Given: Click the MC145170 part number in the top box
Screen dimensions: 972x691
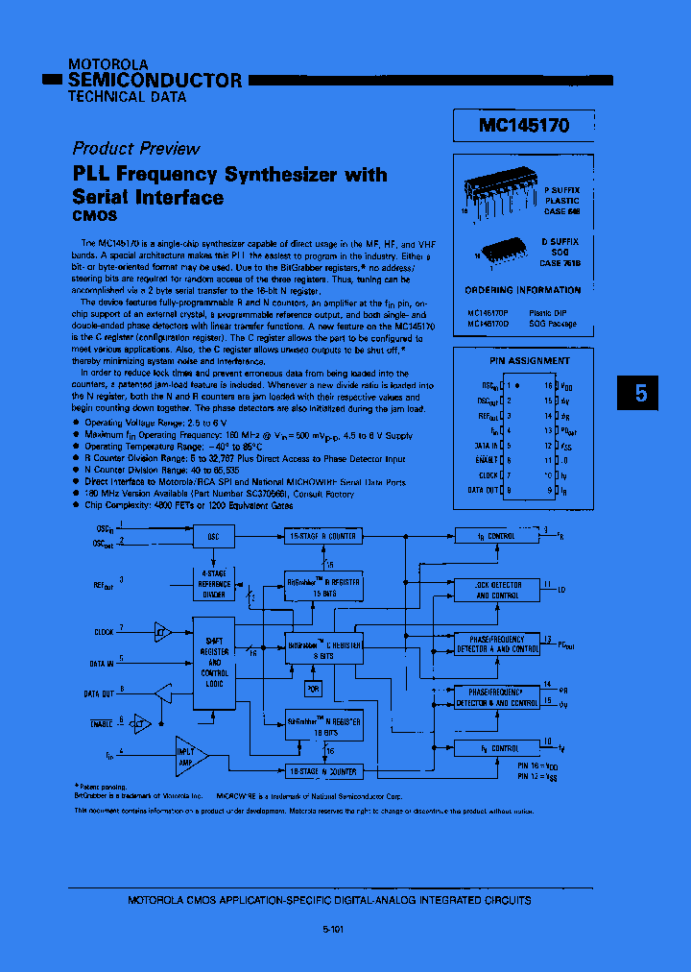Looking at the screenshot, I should pyautogui.click(x=524, y=126).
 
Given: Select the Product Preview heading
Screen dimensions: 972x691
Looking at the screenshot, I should pyautogui.click(x=135, y=148).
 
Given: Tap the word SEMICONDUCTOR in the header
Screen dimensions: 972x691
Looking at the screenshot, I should pyautogui.click(x=155, y=81).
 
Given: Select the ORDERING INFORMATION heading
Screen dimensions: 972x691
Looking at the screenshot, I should pyautogui.click(x=523, y=290).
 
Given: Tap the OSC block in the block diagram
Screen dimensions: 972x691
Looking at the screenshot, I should pyautogui.click(x=213, y=536).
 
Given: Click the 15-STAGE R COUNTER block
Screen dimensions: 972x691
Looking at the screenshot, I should pyautogui.click(x=322, y=536).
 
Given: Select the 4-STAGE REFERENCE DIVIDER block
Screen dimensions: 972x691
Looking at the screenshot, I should pyautogui.click(x=214, y=584).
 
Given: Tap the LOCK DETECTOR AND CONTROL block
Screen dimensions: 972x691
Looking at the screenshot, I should pyautogui.click(x=498, y=590).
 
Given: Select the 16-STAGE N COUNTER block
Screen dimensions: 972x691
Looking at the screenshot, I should pyautogui.click(x=322, y=770).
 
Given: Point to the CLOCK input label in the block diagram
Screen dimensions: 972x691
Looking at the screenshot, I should pyautogui.click(x=104, y=631).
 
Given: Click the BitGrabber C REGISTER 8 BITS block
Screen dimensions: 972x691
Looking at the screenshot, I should pyautogui.click(x=323, y=650).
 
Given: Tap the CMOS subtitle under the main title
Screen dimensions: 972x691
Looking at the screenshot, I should pyautogui.click(x=95, y=216).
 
